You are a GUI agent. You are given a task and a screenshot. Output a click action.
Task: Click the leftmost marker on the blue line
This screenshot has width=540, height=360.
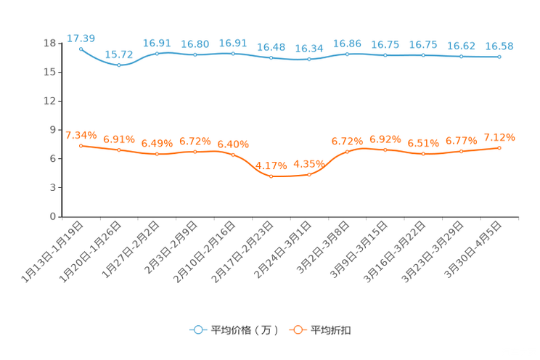(81, 49)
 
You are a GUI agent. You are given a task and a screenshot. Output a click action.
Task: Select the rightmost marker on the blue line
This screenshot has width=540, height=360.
(499, 57)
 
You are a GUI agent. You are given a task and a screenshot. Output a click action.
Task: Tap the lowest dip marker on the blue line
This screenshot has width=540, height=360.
(119, 65)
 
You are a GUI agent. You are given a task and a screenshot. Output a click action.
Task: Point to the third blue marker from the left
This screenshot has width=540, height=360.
(157, 53)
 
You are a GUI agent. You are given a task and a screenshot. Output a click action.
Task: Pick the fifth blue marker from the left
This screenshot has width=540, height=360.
(233, 54)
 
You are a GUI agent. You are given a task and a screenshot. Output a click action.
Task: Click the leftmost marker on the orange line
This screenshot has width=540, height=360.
(81, 145)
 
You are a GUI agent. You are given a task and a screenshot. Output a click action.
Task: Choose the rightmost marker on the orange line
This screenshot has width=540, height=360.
(499, 147)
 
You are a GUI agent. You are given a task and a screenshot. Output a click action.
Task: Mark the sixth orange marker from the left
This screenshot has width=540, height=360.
(271, 176)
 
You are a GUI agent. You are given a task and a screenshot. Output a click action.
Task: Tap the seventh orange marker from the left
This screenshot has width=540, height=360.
(309, 174)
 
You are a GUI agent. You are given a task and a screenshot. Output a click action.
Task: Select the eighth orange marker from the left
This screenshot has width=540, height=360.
(348, 152)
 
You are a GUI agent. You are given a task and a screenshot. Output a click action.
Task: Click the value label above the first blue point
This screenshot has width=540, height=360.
(81, 38)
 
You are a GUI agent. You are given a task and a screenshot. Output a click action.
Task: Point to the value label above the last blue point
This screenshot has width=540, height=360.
(499, 46)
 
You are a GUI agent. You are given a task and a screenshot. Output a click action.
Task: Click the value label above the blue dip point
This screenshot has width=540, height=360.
(119, 54)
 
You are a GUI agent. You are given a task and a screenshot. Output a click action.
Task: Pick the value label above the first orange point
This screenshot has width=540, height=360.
(81, 135)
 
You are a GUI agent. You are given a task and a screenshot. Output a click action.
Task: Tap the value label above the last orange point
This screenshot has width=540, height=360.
(499, 137)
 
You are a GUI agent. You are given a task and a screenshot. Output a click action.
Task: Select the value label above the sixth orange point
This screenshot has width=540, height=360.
(271, 165)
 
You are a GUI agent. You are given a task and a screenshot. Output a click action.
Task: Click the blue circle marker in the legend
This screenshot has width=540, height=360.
(197, 330)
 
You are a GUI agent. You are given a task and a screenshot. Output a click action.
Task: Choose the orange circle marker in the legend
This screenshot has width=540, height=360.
(297, 330)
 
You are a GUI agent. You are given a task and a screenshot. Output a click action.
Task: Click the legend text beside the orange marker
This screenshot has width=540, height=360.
(332, 330)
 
